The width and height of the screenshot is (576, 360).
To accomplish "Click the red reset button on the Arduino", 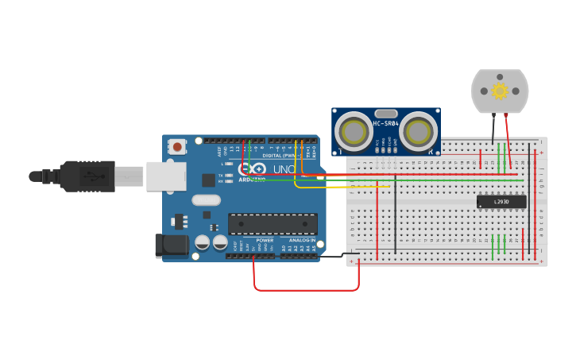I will click(x=177, y=146).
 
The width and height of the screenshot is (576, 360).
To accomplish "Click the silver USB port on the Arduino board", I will click(x=166, y=176).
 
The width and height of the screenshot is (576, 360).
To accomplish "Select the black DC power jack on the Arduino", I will click(x=172, y=246).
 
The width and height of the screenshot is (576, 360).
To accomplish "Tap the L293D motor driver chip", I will click(x=501, y=202).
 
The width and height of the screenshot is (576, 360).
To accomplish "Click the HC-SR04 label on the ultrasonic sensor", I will click(x=386, y=124).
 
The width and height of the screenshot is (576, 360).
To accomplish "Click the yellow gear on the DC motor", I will click(x=500, y=91).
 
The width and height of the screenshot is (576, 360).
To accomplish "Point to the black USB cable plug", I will click(x=87, y=176).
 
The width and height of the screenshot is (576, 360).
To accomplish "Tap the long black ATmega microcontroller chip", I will click(x=273, y=223).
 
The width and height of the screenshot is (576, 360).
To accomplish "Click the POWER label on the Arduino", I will click(x=265, y=239).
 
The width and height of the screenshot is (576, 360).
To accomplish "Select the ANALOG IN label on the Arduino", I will click(x=301, y=239).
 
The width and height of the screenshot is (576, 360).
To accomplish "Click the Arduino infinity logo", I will click(x=253, y=169).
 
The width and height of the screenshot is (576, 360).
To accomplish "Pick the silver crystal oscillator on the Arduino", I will click(x=205, y=200).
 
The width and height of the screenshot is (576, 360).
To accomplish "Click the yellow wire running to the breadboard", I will click(x=334, y=188).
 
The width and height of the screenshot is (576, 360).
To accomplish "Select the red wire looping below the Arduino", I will click(x=306, y=289).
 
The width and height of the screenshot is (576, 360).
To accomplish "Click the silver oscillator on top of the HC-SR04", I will click(x=386, y=114).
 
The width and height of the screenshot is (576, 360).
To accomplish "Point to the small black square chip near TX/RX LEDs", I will click(x=208, y=180).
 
